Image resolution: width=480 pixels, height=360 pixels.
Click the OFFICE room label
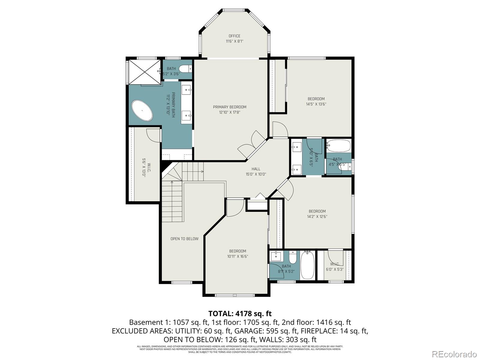pyautogui.click(x=234, y=36)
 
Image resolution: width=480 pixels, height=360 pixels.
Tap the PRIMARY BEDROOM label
pyautogui.click(x=229, y=107)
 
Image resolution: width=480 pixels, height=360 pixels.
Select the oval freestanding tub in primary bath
pyautogui.click(x=142, y=110)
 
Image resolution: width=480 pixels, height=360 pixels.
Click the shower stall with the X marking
pyautogui.click(x=145, y=72)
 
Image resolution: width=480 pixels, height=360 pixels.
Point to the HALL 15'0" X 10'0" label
pyautogui.click(x=256, y=172)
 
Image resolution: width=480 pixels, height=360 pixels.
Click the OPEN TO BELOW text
pyautogui.click(x=184, y=239)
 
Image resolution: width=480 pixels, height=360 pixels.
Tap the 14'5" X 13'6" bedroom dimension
pyautogui.click(x=316, y=104)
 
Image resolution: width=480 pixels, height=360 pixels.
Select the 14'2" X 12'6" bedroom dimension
pyautogui.click(x=317, y=217)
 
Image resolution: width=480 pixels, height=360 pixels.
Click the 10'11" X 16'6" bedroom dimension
pyautogui.click(x=238, y=256)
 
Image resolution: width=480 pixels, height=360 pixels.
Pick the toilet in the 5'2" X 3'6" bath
pyautogui.click(x=186, y=69)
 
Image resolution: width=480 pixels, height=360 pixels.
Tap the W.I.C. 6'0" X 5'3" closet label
pyautogui.click(x=334, y=267)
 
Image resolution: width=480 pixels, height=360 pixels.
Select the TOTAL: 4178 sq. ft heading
pyautogui.click(x=240, y=314)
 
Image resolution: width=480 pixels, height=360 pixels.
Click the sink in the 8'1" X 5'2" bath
pyautogui.click(x=276, y=256)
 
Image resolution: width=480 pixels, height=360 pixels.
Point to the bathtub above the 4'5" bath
pyautogui.click(x=338, y=146)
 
